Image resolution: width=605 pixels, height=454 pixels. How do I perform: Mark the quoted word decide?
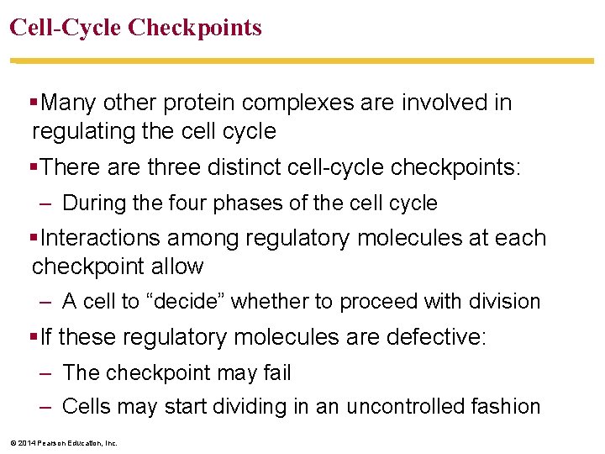192,301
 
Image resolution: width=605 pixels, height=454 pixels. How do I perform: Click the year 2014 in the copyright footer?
27,443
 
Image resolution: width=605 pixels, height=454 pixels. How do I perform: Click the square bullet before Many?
34,103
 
